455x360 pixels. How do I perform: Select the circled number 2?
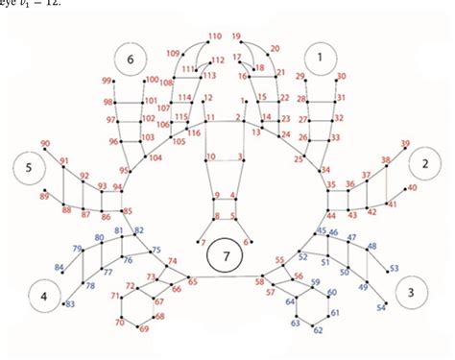click(423, 165)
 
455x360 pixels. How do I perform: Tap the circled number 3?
click(412, 291)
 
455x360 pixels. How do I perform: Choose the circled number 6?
click(130, 60)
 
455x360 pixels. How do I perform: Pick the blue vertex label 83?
click(69, 305)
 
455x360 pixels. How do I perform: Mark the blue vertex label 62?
click(319, 329)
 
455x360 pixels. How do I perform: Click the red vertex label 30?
click(342, 76)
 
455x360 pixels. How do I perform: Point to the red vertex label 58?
click(259, 281)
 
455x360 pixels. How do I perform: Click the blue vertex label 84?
click(60, 268)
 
